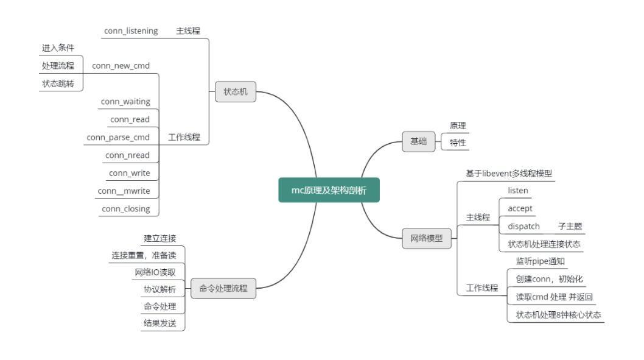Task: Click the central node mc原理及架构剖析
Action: pyautogui.click(x=329, y=190)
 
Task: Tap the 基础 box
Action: pyautogui.click(x=418, y=141)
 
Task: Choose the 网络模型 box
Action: pyautogui.click(x=427, y=239)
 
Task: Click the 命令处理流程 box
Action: pyautogui.click(x=223, y=288)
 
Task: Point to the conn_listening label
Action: pyautogui.click(x=131, y=31)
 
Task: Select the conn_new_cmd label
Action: pyautogui.click(x=121, y=66)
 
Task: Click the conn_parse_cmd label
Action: pyautogui.click(x=118, y=137)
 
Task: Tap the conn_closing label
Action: pyautogui.click(x=126, y=209)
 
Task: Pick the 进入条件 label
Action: pyautogui.click(x=58, y=48)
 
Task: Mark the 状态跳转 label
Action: pyautogui.click(x=58, y=83)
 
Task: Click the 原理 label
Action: pyautogui.click(x=458, y=125)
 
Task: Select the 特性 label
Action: pyautogui.click(x=458, y=143)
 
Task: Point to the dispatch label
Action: pyautogui.click(x=523, y=226)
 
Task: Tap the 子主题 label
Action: pyautogui.click(x=570, y=226)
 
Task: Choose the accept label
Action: pyautogui.click(x=520, y=208)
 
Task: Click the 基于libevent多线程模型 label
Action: pyautogui.click(x=509, y=173)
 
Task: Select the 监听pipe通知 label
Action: pyautogui.click(x=540, y=261)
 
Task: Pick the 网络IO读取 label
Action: pyautogui.click(x=155, y=272)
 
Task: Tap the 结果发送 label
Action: pyautogui.click(x=159, y=323)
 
